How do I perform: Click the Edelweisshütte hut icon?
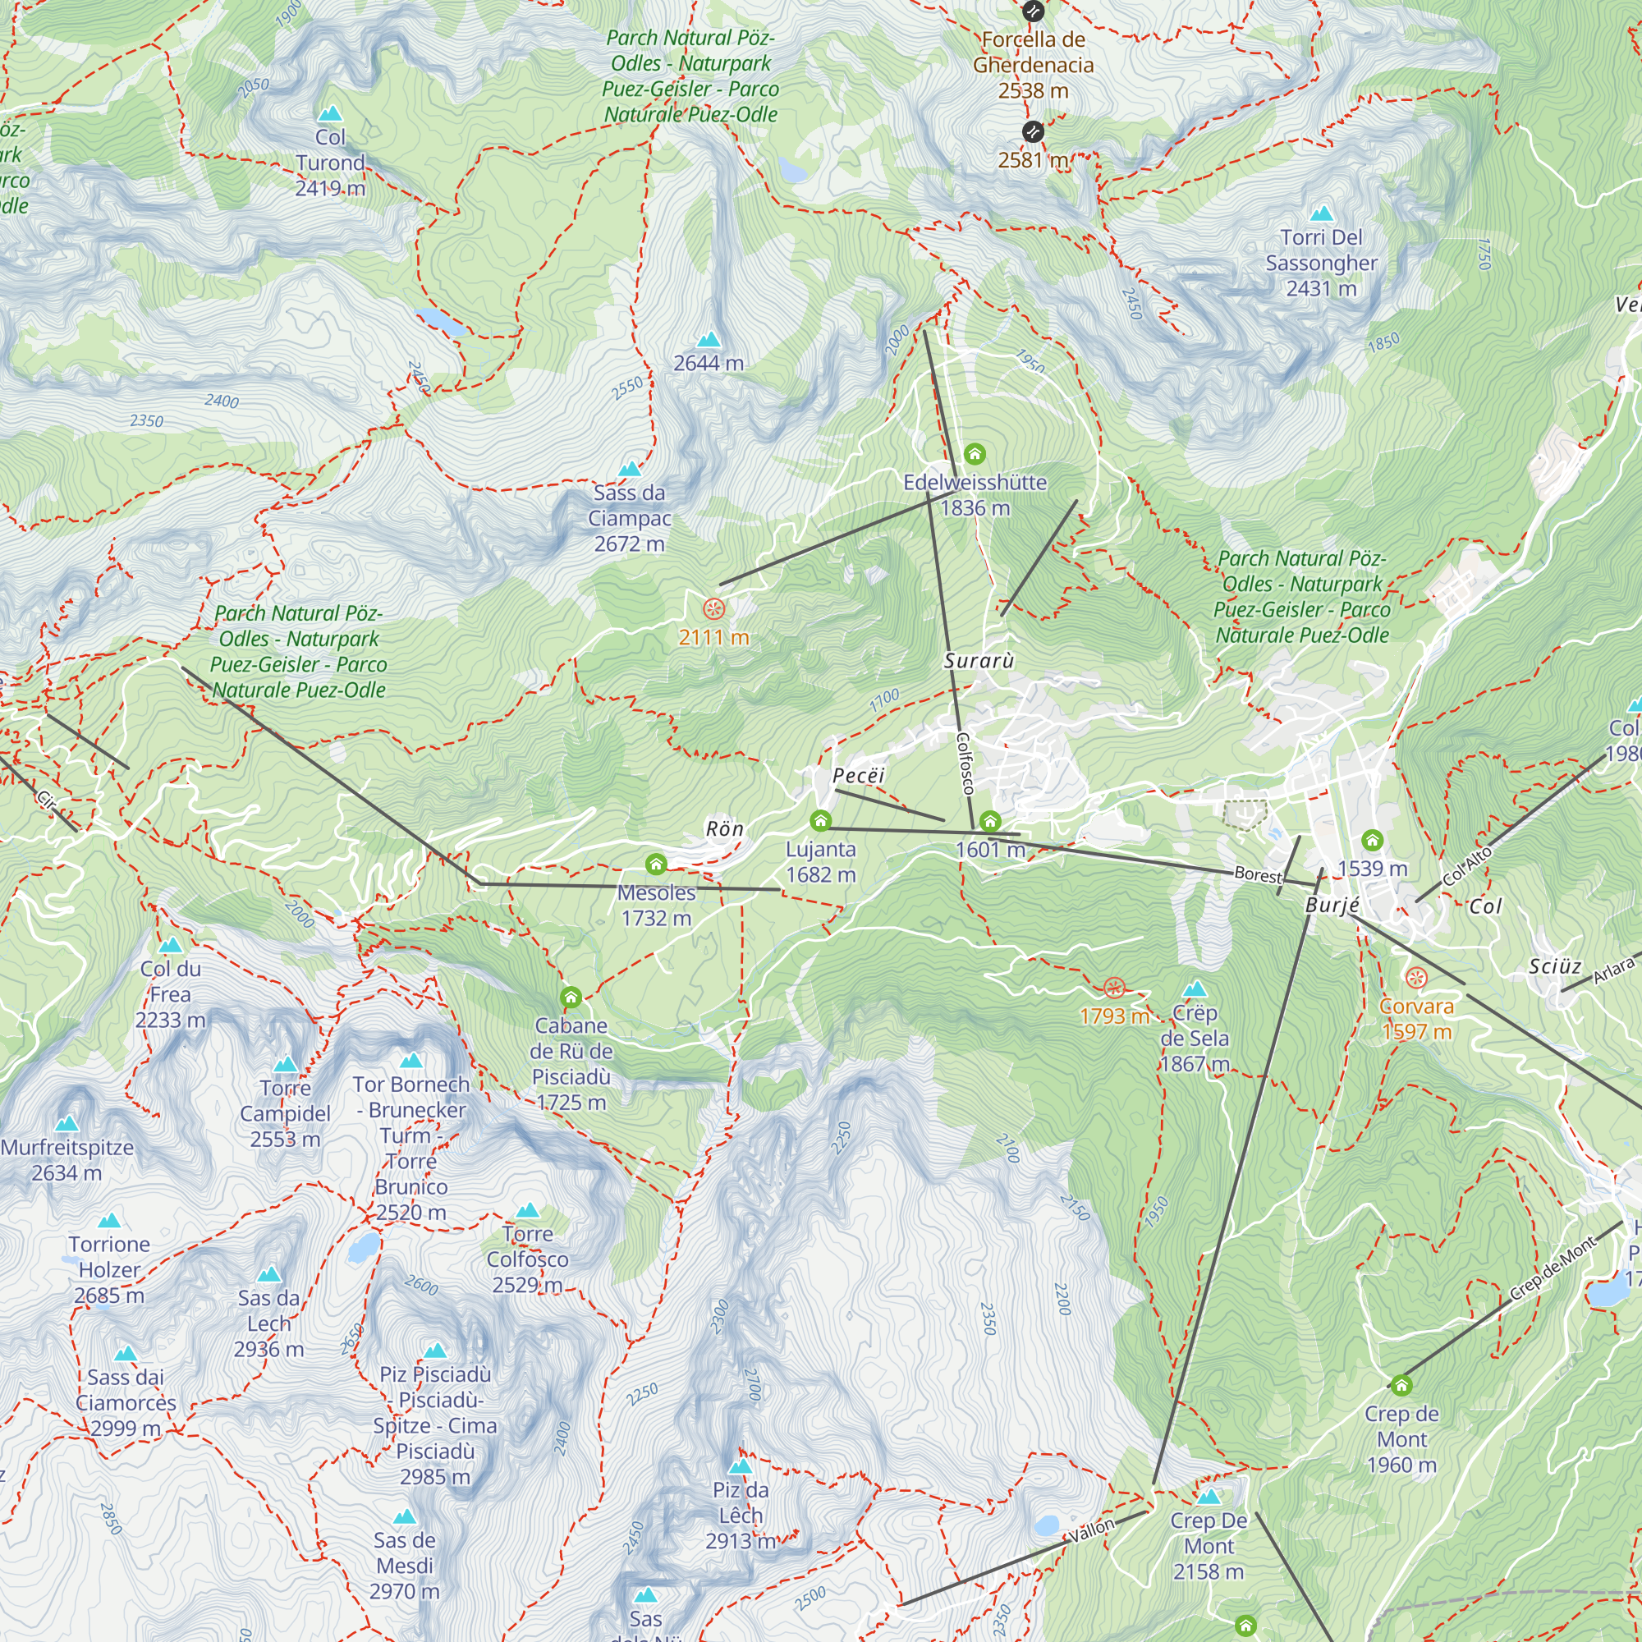tap(975, 454)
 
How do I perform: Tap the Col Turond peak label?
tap(330, 163)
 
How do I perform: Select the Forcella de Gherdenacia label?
tap(1033, 65)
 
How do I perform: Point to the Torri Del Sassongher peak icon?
tap(1321, 213)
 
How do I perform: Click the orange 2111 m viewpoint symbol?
tap(714, 608)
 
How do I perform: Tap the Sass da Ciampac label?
tap(629, 517)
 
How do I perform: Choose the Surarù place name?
tap(979, 660)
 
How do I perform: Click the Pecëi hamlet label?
tap(859, 775)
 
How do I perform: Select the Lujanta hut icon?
tap(820, 820)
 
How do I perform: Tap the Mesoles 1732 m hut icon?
tap(655, 865)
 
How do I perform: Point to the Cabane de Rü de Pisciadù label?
tap(571, 1063)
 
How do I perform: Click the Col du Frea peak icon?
tap(171, 945)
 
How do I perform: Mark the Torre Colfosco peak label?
tap(527, 1259)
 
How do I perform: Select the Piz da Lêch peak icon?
tap(741, 1466)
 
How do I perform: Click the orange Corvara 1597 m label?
tap(1416, 1018)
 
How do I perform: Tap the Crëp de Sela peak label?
tap(1194, 1038)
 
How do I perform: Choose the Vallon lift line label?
tap(1091, 1530)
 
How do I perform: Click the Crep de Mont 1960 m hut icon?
tap(1401, 1385)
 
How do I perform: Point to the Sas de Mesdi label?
tap(405, 1565)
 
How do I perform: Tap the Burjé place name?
tap(1332, 905)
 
